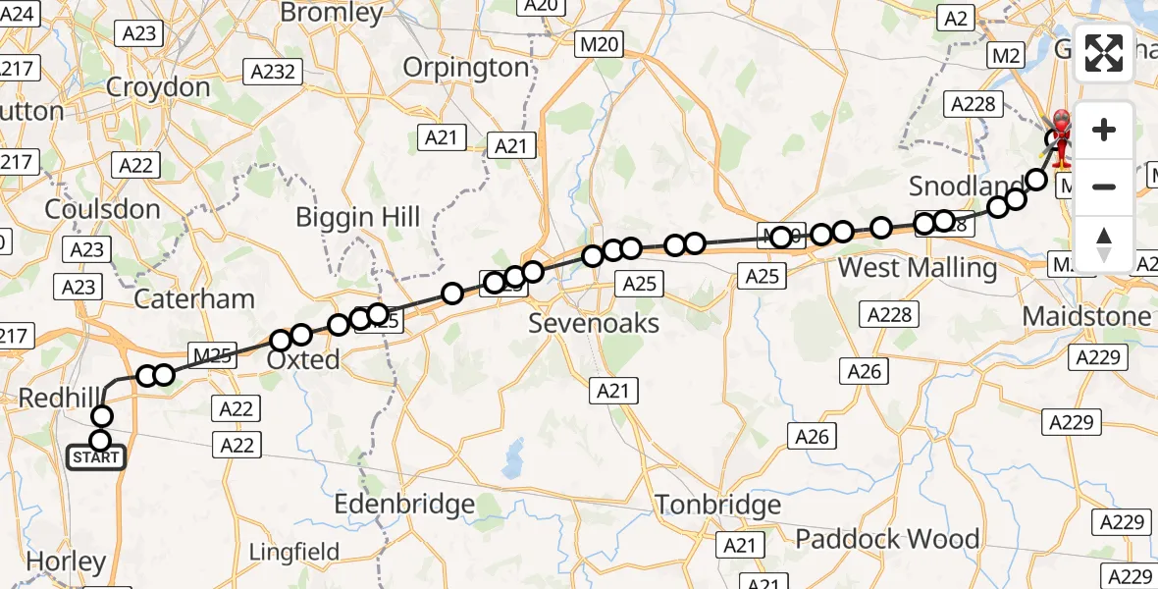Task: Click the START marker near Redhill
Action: point(97,457)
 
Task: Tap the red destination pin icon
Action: point(1062,137)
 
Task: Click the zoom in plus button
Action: point(1104,130)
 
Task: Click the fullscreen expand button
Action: point(1104,53)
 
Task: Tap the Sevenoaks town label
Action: point(594,323)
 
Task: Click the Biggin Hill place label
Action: point(359,218)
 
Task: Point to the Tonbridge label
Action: point(718,505)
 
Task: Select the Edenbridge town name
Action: point(404,505)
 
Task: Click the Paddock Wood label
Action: point(887,539)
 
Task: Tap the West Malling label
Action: point(919,267)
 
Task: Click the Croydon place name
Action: point(158,87)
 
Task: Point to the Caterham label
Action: point(193,298)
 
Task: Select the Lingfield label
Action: point(294,552)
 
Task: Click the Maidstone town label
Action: point(1086,316)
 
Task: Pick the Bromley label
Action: point(332,13)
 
